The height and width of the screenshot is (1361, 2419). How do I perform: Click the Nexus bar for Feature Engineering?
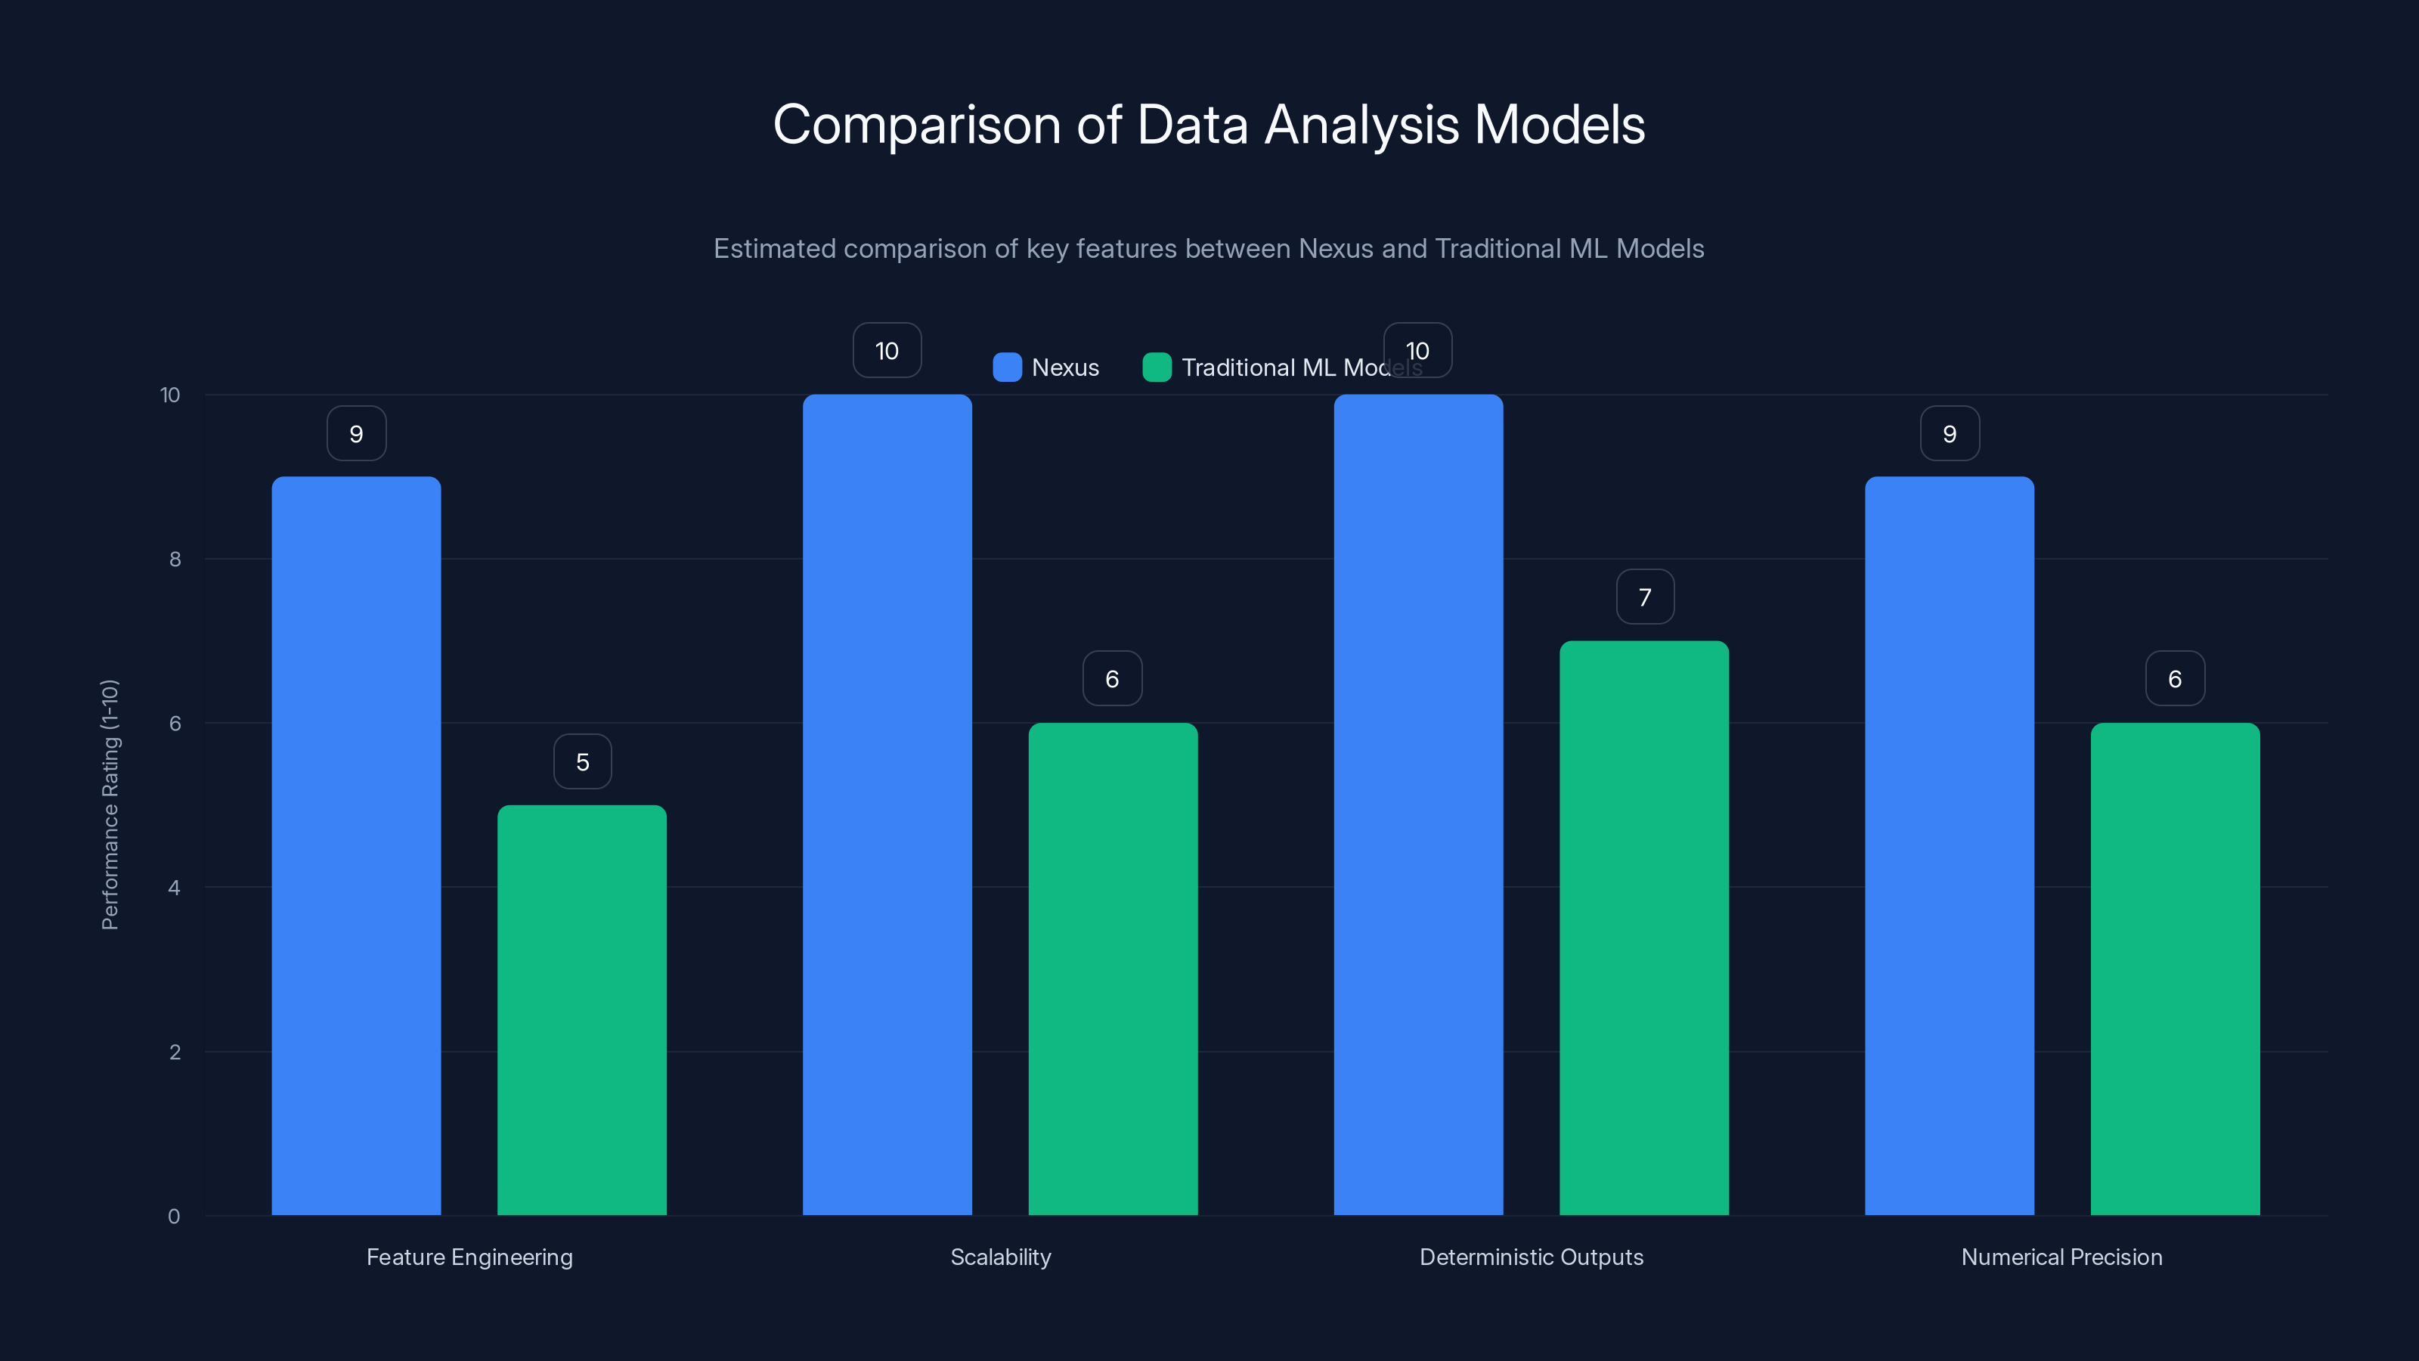click(356, 845)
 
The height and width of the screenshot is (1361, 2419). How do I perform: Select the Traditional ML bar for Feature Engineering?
click(581, 1009)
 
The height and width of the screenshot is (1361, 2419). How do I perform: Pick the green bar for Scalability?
click(1113, 969)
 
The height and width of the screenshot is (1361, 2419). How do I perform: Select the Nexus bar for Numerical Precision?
click(1949, 845)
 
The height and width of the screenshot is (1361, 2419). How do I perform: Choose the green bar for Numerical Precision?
click(2175, 969)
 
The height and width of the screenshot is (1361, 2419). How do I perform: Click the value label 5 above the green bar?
click(582, 761)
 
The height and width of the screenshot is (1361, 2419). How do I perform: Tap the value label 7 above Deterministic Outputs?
click(1644, 597)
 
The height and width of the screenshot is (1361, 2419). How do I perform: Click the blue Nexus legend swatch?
click(1007, 367)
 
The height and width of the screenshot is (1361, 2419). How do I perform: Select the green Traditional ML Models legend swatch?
click(1156, 367)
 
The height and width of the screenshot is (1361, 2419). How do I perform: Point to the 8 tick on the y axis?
click(175, 560)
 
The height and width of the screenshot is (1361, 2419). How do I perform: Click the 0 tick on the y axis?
click(174, 1217)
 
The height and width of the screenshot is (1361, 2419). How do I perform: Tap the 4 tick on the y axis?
click(174, 888)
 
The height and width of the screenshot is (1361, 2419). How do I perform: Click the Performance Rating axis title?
click(110, 804)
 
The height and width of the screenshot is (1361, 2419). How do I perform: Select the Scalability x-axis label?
click(1000, 1257)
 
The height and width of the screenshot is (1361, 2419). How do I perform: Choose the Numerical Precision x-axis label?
click(2061, 1257)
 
